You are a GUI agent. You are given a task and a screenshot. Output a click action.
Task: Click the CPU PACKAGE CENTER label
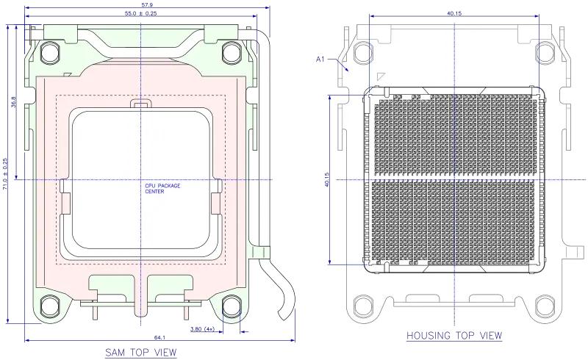point(162,189)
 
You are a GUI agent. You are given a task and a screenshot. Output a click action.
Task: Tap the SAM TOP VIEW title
point(141,352)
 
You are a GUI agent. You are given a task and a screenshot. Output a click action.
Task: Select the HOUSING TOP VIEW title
point(456,336)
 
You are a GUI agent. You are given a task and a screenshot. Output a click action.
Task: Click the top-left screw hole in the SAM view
point(50,52)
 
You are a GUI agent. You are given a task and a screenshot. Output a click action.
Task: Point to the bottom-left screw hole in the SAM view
point(50,304)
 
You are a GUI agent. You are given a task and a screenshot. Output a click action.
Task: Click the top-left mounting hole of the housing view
point(362,52)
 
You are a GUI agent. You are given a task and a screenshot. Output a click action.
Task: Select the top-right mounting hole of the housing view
point(545,52)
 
